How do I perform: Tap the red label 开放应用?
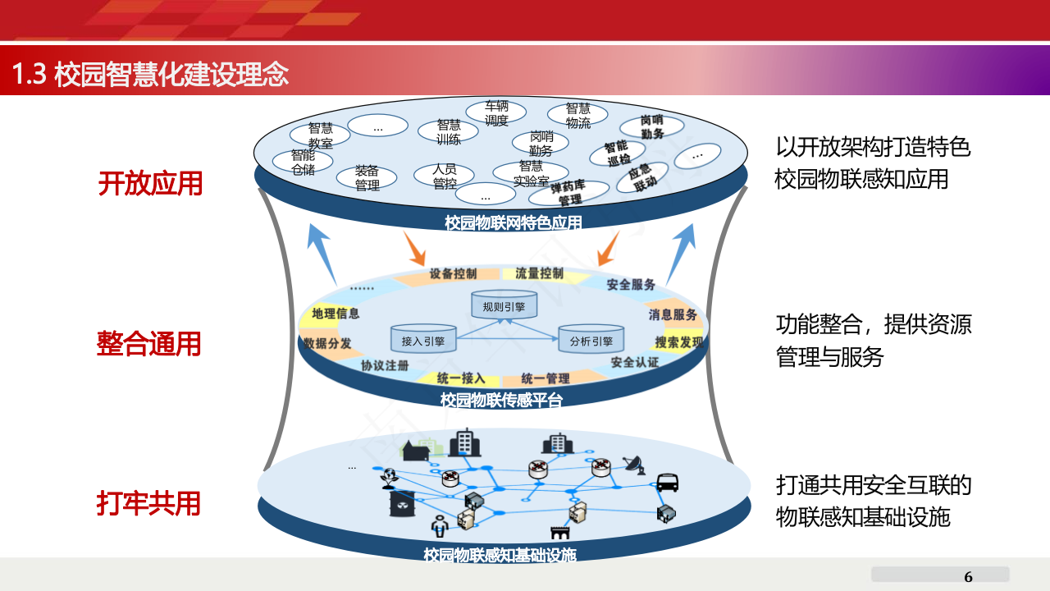(x=150, y=183)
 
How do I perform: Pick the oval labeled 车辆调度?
(x=496, y=113)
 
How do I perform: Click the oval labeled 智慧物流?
(x=577, y=116)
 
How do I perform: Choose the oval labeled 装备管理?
(x=367, y=177)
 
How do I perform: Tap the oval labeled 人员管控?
(x=444, y=176)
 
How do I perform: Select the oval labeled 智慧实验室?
(x=531, y=173)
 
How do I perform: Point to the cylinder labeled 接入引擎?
(x=422, y=340)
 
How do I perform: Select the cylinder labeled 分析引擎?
(x=591, y=340)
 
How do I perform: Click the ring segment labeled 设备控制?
(x=453, y=273)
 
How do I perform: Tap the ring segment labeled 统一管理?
(x=546, y=378)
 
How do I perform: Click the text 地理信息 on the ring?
(x=336, y=314)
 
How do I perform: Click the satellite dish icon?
(x=633, y=465)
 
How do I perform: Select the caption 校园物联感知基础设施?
(x=500, y=555)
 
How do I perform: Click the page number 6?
(x=968, y=576)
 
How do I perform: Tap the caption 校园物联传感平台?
(x=502, y=400)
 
